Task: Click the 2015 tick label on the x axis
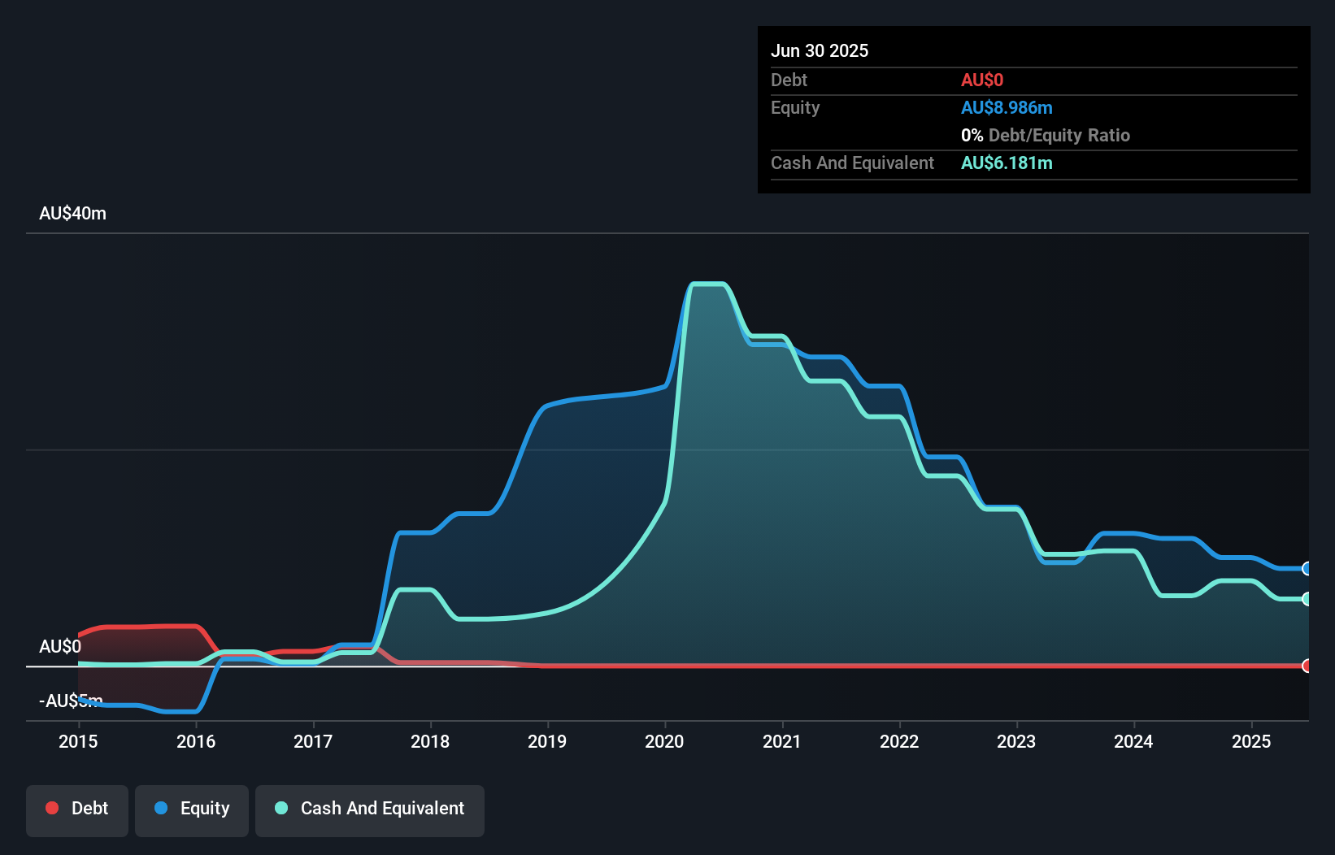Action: tap(78, 741)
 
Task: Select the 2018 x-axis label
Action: tap(430, 741)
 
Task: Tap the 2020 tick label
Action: tap(664, 741)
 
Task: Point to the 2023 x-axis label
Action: tap(1016, 741)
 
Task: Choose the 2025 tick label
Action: tap(1251, 741)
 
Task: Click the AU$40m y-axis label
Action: tap(72, 213)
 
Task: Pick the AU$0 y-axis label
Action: tap(60, 646)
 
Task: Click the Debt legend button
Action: tap(77, 809)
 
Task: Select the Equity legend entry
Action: tap(192, 809)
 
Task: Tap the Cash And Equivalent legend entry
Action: tap(370, 809)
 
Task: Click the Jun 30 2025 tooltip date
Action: tap(820, 50)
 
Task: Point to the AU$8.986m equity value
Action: tap(1007, 107)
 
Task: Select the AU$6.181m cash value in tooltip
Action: tap(1007, 163)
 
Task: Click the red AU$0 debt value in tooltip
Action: tap(982, 80)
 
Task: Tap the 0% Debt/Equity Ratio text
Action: tap(1046, 135)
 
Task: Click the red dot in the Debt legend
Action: tap(52, 808)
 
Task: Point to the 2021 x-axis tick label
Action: tap(781, 741)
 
